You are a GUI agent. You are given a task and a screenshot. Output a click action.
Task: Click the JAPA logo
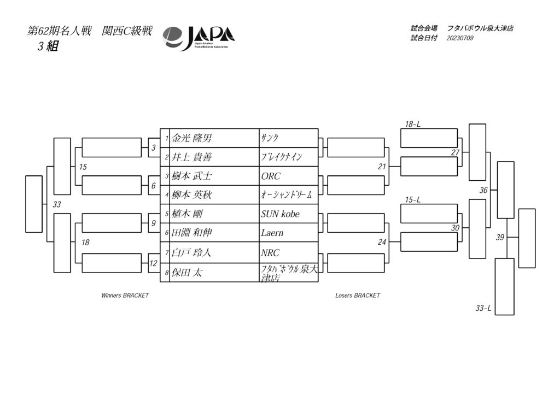(199, 38)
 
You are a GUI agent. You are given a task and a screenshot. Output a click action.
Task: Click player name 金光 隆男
(192, 138)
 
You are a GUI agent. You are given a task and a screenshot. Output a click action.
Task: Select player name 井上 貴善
(192, 157)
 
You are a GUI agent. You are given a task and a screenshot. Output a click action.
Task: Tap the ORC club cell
(289, 176)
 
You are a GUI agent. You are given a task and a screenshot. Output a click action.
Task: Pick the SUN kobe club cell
(289, 214)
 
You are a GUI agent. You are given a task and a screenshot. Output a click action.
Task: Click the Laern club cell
(289, 233)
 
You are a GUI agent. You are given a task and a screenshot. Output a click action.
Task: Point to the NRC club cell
(289, 252)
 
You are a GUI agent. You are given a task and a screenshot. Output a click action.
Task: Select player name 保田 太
(187, 273)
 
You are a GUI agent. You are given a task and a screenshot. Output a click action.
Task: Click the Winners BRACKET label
(125, 295)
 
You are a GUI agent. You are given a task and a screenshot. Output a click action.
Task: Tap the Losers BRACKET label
(358, 295)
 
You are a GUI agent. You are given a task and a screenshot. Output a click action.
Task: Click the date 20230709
(460, 38)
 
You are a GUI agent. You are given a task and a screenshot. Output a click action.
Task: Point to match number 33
(57, 204)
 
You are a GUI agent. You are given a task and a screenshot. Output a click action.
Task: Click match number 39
(500, 237)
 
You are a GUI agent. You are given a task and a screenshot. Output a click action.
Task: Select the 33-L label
(483, 308)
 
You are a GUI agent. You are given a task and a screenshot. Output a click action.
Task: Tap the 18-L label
(412, 124)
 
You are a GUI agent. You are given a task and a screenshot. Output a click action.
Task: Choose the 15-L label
(412, 200)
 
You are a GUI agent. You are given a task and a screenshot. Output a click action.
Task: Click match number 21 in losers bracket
(382, 167)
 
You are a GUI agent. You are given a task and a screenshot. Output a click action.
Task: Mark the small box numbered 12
(154, 263)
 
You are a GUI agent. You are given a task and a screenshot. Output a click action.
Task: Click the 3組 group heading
(48, 46)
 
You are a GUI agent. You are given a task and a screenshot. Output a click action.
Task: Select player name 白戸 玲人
(191, 252)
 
